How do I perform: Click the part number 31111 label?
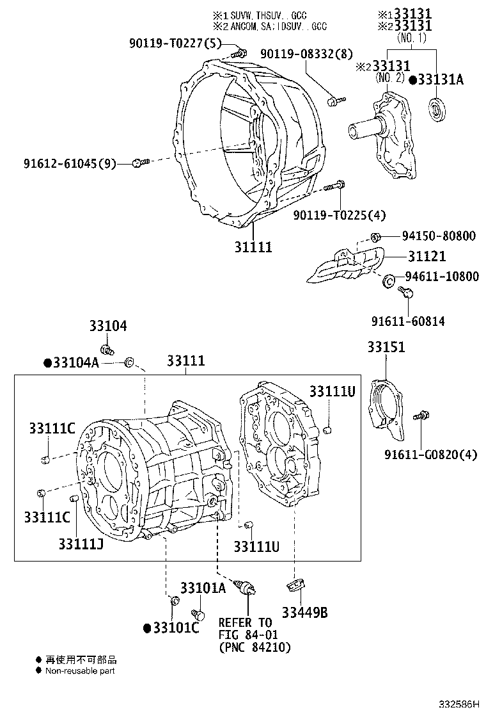click(x=253, y=247)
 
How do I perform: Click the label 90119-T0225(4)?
click(x=340, y=215)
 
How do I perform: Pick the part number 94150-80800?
click(x=439, y=236)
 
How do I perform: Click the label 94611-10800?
click(x=441, y=277)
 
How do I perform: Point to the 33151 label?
click(x=386, y=347)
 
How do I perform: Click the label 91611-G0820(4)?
click(x=431, y=455)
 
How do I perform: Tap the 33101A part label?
click(x=203, y=588)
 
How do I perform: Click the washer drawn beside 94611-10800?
click(x=388, y=280)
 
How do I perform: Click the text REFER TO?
click(x=245, y=622)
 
